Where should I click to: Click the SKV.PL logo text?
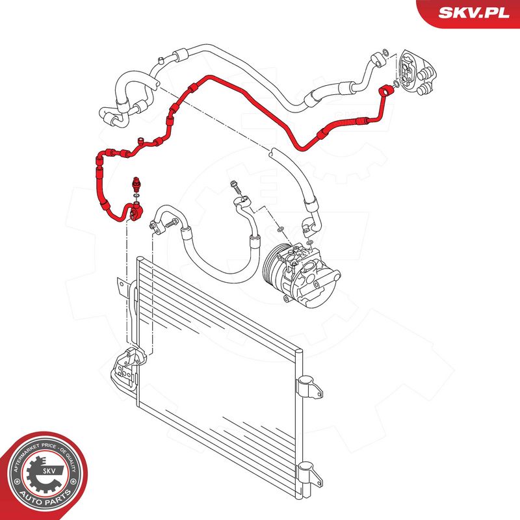point(474,12)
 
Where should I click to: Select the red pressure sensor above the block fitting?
point(136,184)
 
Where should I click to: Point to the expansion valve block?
point(417,73)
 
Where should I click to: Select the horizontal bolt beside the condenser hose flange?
point(171,224)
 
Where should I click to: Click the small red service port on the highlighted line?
point(141,141)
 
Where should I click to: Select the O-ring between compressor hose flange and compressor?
point(280,229)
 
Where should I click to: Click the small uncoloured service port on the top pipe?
point(160,60)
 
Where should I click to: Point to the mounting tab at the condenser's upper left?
point(122,285)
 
